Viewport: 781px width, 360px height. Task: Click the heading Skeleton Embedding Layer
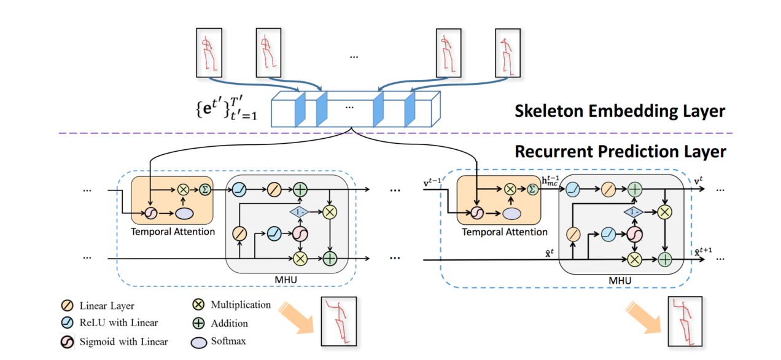point(620,111)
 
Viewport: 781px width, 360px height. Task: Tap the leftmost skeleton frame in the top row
point(209,53)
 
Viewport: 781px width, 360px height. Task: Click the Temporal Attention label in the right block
point(504,232)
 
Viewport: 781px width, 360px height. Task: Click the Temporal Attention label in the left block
point(173,232)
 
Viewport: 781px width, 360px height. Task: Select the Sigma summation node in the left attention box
point(205,190)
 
